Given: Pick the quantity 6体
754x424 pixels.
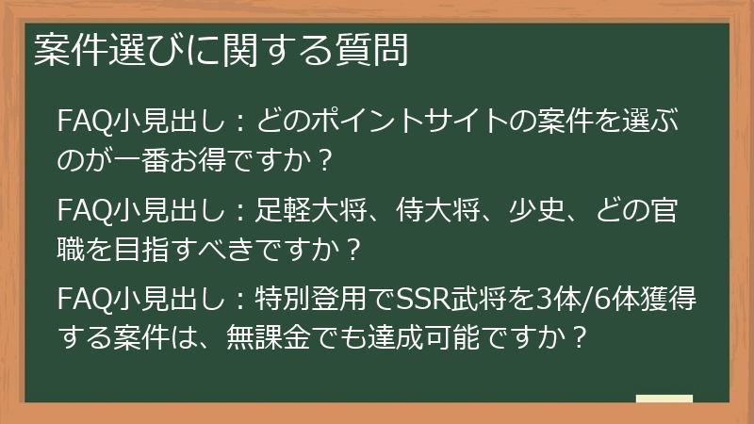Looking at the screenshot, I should (x=618, y=302).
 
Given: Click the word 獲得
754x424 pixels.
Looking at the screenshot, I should (x=675, y=302).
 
